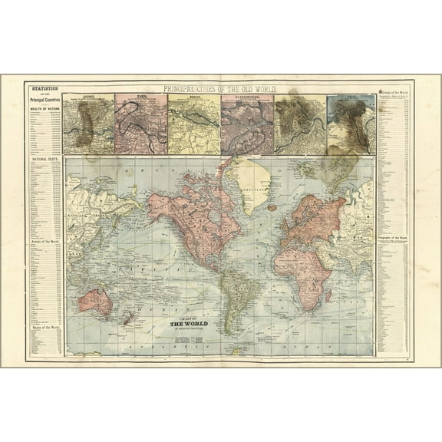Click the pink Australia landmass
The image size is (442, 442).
tap(95, 301)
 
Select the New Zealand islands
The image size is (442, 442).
tap(127, 317)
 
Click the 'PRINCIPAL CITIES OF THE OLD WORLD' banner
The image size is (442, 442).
tap(220, 89)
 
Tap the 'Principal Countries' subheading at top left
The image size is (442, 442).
tap(42, 99)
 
